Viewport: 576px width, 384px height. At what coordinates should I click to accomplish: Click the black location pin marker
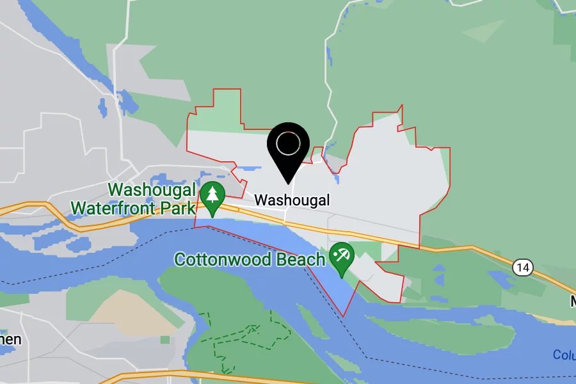click(x=288, y=151)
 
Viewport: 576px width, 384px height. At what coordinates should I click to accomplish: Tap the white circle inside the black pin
click(x=288, y=144)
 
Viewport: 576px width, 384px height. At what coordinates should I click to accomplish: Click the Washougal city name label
click(x=292, y=200)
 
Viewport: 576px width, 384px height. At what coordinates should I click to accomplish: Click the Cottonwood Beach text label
click(x=250, y=260)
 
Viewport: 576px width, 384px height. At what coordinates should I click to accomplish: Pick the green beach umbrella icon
click(x=341, y=257)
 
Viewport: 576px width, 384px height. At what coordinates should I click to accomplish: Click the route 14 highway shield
click(x=522, y=267)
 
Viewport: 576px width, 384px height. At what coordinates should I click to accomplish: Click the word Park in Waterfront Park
click(x=181, y=208)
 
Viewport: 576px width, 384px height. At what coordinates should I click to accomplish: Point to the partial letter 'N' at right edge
click(x=573, y=301)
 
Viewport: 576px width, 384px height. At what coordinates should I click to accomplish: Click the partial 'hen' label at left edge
click(x=10, y=339)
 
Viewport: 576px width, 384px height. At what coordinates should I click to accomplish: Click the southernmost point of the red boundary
click(x=344, y=316)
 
